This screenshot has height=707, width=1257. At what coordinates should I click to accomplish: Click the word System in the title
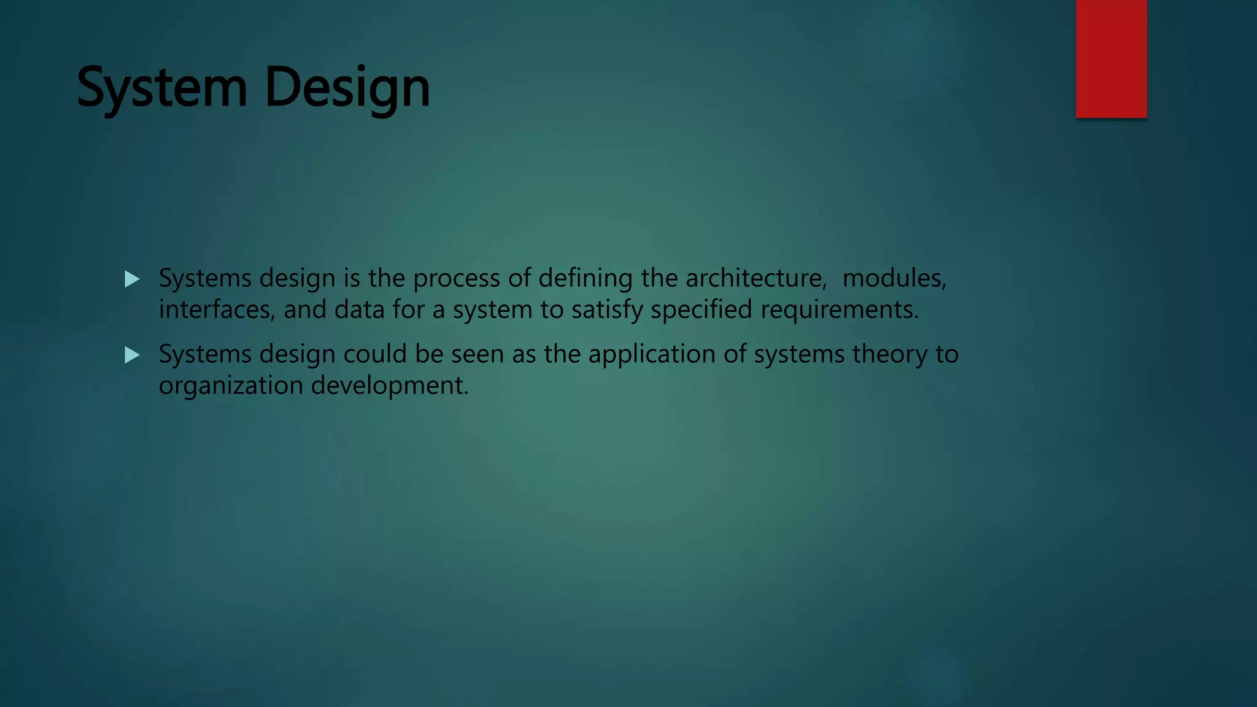[x=161, y=88]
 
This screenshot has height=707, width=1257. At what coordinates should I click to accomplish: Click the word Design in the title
[x=347, y=88]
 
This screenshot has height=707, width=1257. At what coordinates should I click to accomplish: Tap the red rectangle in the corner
[x=1111, y=58]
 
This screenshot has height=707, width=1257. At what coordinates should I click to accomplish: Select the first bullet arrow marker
[x=132, y=280]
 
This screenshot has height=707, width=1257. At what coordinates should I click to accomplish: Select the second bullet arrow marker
[x=132, y=355]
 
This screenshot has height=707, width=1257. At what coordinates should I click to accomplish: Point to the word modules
[x=894, y=279]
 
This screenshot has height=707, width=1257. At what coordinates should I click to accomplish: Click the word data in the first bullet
[x=359, y=310]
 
